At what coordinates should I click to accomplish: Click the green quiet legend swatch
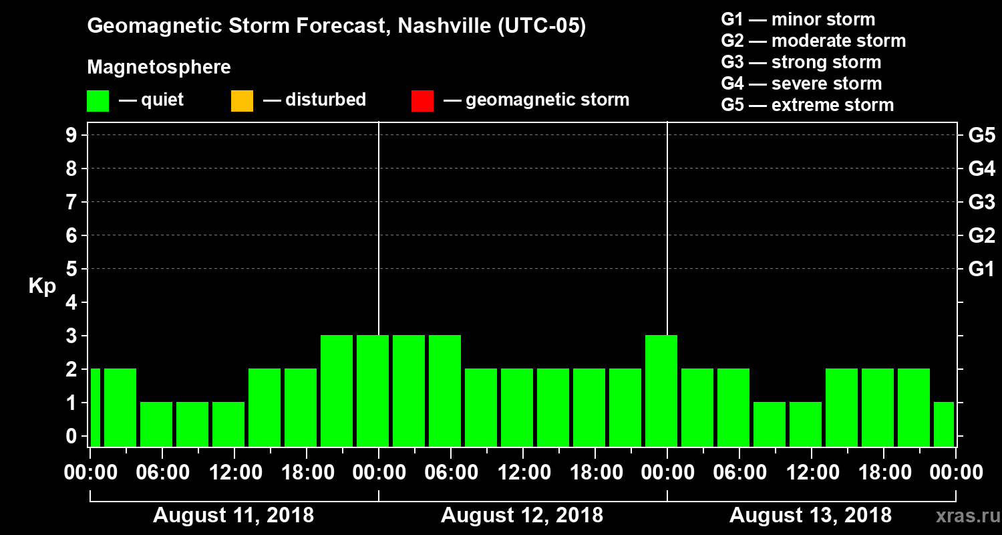[98, 100]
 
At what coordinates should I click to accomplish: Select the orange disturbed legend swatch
[242, 100]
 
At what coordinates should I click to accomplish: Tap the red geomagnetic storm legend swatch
[422, 100]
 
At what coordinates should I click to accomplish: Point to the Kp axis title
[42, 286]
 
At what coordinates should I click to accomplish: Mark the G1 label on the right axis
[981, 270]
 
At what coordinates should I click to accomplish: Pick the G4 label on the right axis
[981, 169]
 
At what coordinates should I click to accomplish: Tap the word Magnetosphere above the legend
[159, 68]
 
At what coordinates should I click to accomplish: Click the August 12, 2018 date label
[522, 516]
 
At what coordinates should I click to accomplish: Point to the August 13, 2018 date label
[810, 516]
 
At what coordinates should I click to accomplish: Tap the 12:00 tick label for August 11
[235, 472]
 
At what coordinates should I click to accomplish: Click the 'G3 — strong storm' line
[801, 62]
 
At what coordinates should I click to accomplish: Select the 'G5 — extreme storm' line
[807, 105]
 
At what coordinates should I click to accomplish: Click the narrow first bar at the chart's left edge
[95, 407]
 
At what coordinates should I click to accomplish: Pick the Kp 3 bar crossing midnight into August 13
[661, 391]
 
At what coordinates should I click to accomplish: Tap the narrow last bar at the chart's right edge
[944, 424]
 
